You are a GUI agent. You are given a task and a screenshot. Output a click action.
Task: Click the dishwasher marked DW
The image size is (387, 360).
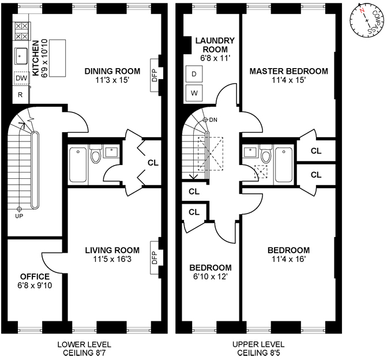pyautogui.click(x=21, y=78)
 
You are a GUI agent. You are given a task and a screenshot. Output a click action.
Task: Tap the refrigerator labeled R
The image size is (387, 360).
pyautogui.click(x=21, y=95)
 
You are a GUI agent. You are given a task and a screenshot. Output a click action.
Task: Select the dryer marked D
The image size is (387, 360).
pyautogui.click(x=194, y=74)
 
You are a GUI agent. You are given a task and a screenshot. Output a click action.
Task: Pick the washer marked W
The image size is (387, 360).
pyautogui.click(x=194, y=93)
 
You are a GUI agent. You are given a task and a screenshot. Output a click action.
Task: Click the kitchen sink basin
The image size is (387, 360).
pyautogui.click(x=21, y=56)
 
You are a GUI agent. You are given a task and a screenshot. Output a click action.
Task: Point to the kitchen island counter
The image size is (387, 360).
pyautogui.click(x=58, y=58)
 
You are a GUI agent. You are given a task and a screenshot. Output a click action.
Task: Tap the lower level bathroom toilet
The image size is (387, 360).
pyautogui.click(x=96, y=154)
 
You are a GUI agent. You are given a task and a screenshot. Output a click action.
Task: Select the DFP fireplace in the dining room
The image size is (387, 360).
pyautogui.click(x=155, y=75)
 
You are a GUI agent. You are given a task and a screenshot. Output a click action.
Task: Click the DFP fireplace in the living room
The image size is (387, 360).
pyautogui.click(x=155, y=257)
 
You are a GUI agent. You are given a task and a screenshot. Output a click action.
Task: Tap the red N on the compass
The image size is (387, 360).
pyautogui.click(x=362, y=10)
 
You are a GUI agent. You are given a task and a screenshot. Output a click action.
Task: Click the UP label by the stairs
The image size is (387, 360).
pyautogui.click(x=19, y=216)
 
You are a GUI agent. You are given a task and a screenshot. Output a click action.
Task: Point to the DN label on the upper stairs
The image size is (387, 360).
pyautogui.click(x=213, y=120)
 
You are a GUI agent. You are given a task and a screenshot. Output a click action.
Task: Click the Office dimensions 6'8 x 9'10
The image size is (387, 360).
pyautogui.click(x=35, y=286)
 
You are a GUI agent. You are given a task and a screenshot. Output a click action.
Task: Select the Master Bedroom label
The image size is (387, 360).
pyautogui.click(x=289, y=71)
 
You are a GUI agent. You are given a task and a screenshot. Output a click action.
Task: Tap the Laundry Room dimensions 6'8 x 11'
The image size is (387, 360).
pyautogui.click(x=215, y=58)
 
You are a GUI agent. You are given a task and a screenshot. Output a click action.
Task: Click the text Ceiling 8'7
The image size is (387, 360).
pyautogui.click(x=84, y=353)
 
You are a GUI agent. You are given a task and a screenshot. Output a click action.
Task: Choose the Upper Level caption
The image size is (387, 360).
pyautogui.click(x=258, y=344)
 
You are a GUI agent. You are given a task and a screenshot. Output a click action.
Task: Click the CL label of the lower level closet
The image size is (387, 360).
pyautogui.click(x=153, y=163)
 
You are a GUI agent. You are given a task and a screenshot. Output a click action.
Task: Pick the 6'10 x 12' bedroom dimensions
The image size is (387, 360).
pyautogui.click(x=211, y=276)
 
